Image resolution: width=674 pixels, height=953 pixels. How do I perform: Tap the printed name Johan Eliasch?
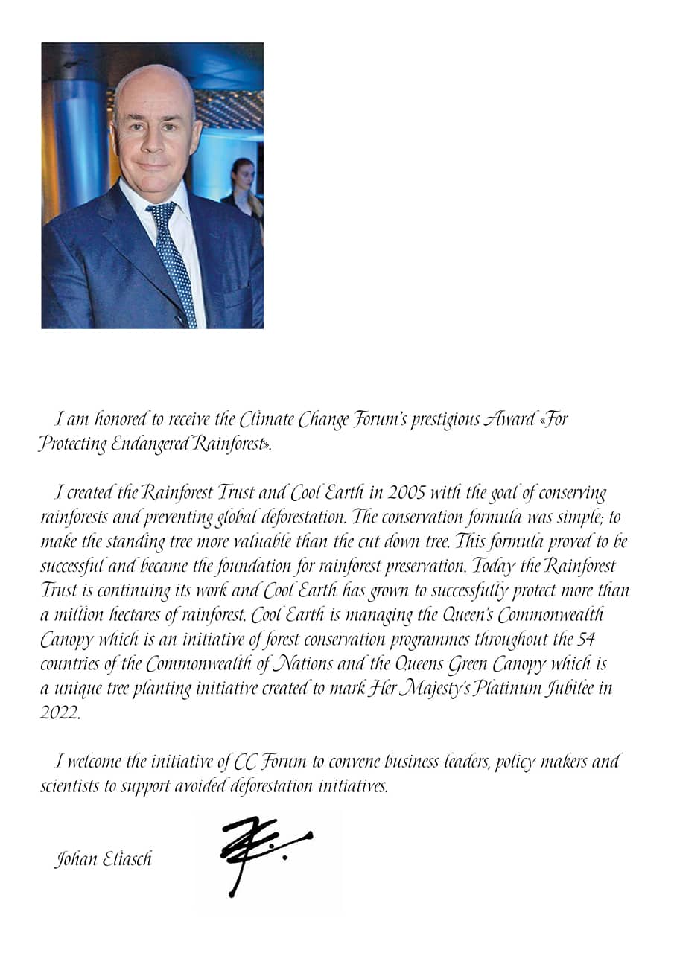pos(103,859)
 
